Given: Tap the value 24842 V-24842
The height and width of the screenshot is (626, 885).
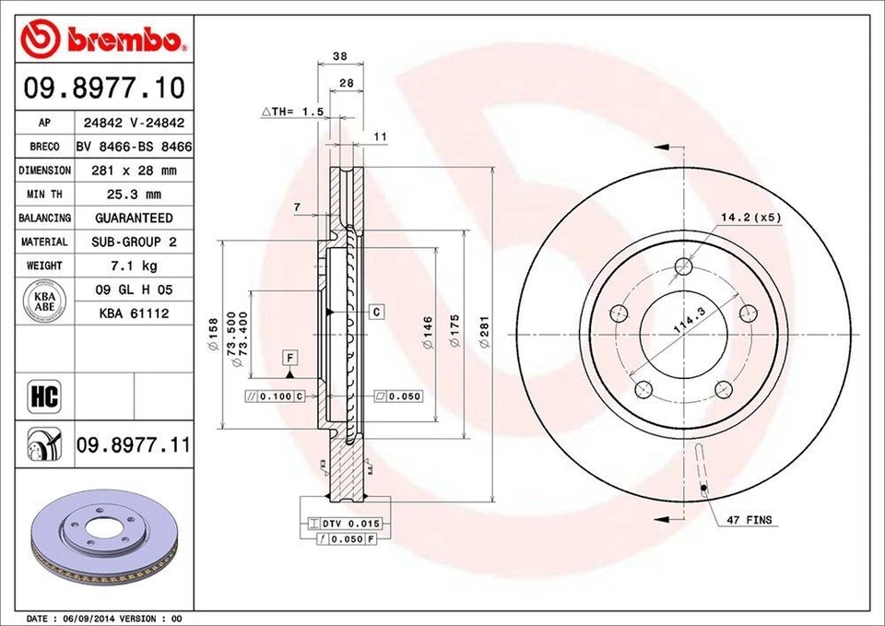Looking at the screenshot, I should (134, 123).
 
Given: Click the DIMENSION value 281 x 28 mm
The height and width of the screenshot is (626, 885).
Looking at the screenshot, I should (134, 171).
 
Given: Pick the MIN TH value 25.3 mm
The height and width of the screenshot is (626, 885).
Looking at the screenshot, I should (134, 195).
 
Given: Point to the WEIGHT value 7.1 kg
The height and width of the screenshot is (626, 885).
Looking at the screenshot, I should (134, 266).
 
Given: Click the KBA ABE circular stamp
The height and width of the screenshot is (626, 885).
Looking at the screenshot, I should (44, 301).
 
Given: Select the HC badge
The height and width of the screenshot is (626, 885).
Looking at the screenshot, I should (44, 397).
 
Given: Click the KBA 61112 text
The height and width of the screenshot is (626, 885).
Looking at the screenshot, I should (134, 313).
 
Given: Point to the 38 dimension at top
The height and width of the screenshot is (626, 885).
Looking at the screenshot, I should (339, 56).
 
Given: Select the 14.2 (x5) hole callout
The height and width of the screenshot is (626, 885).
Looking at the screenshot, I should (750, 218).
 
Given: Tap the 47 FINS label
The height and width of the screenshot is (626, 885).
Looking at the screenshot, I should (749, 521).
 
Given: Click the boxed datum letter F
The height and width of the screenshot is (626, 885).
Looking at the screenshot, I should (289, 356).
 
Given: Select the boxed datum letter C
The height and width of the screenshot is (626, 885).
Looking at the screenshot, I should (376, 312).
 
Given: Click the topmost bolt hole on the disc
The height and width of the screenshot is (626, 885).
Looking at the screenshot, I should (683, 267).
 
